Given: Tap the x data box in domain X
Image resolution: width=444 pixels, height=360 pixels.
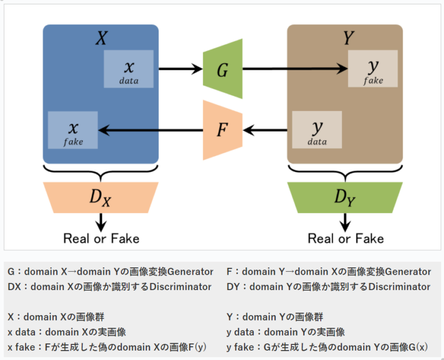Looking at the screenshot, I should tap(129, 69).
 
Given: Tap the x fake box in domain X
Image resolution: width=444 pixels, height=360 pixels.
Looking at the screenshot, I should tap(73, 130).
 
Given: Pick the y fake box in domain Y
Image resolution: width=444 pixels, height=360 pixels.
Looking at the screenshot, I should tap(373, 69).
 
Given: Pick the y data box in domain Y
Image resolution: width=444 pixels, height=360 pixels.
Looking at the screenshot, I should tap(317, 130).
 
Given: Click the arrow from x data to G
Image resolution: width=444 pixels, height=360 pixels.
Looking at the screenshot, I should tap(181, 69).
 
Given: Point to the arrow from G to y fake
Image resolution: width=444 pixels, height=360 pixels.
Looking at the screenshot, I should tap(294, 69).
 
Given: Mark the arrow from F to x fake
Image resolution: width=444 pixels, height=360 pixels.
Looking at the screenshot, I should tap(150, 130).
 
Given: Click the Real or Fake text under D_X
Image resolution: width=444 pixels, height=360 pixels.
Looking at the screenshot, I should tap(101, 239).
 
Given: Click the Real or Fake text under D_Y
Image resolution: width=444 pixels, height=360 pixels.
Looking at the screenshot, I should tap(345, 239).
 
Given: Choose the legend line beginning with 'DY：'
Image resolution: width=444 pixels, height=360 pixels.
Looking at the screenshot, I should tap(328, 287).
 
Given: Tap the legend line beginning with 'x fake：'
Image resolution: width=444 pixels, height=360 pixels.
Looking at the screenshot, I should tap(107, 347).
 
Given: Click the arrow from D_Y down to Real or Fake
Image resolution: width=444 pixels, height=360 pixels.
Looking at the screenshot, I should tap(345, 222).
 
